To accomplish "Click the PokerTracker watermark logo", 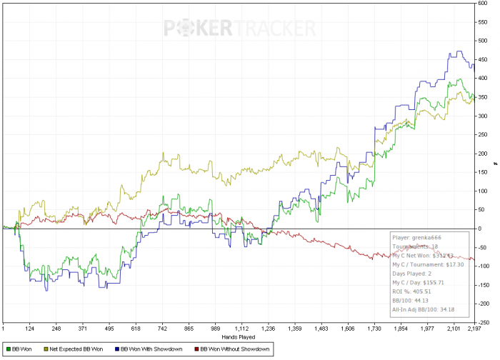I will (240, 28).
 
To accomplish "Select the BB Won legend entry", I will (22, 349).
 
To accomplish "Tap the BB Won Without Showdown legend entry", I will (234, 349).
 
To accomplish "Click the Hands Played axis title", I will (238, 336).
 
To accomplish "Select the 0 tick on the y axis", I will (484, 229).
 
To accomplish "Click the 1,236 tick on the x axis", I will (268, 329).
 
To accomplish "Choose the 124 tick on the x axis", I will (29, 329).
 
